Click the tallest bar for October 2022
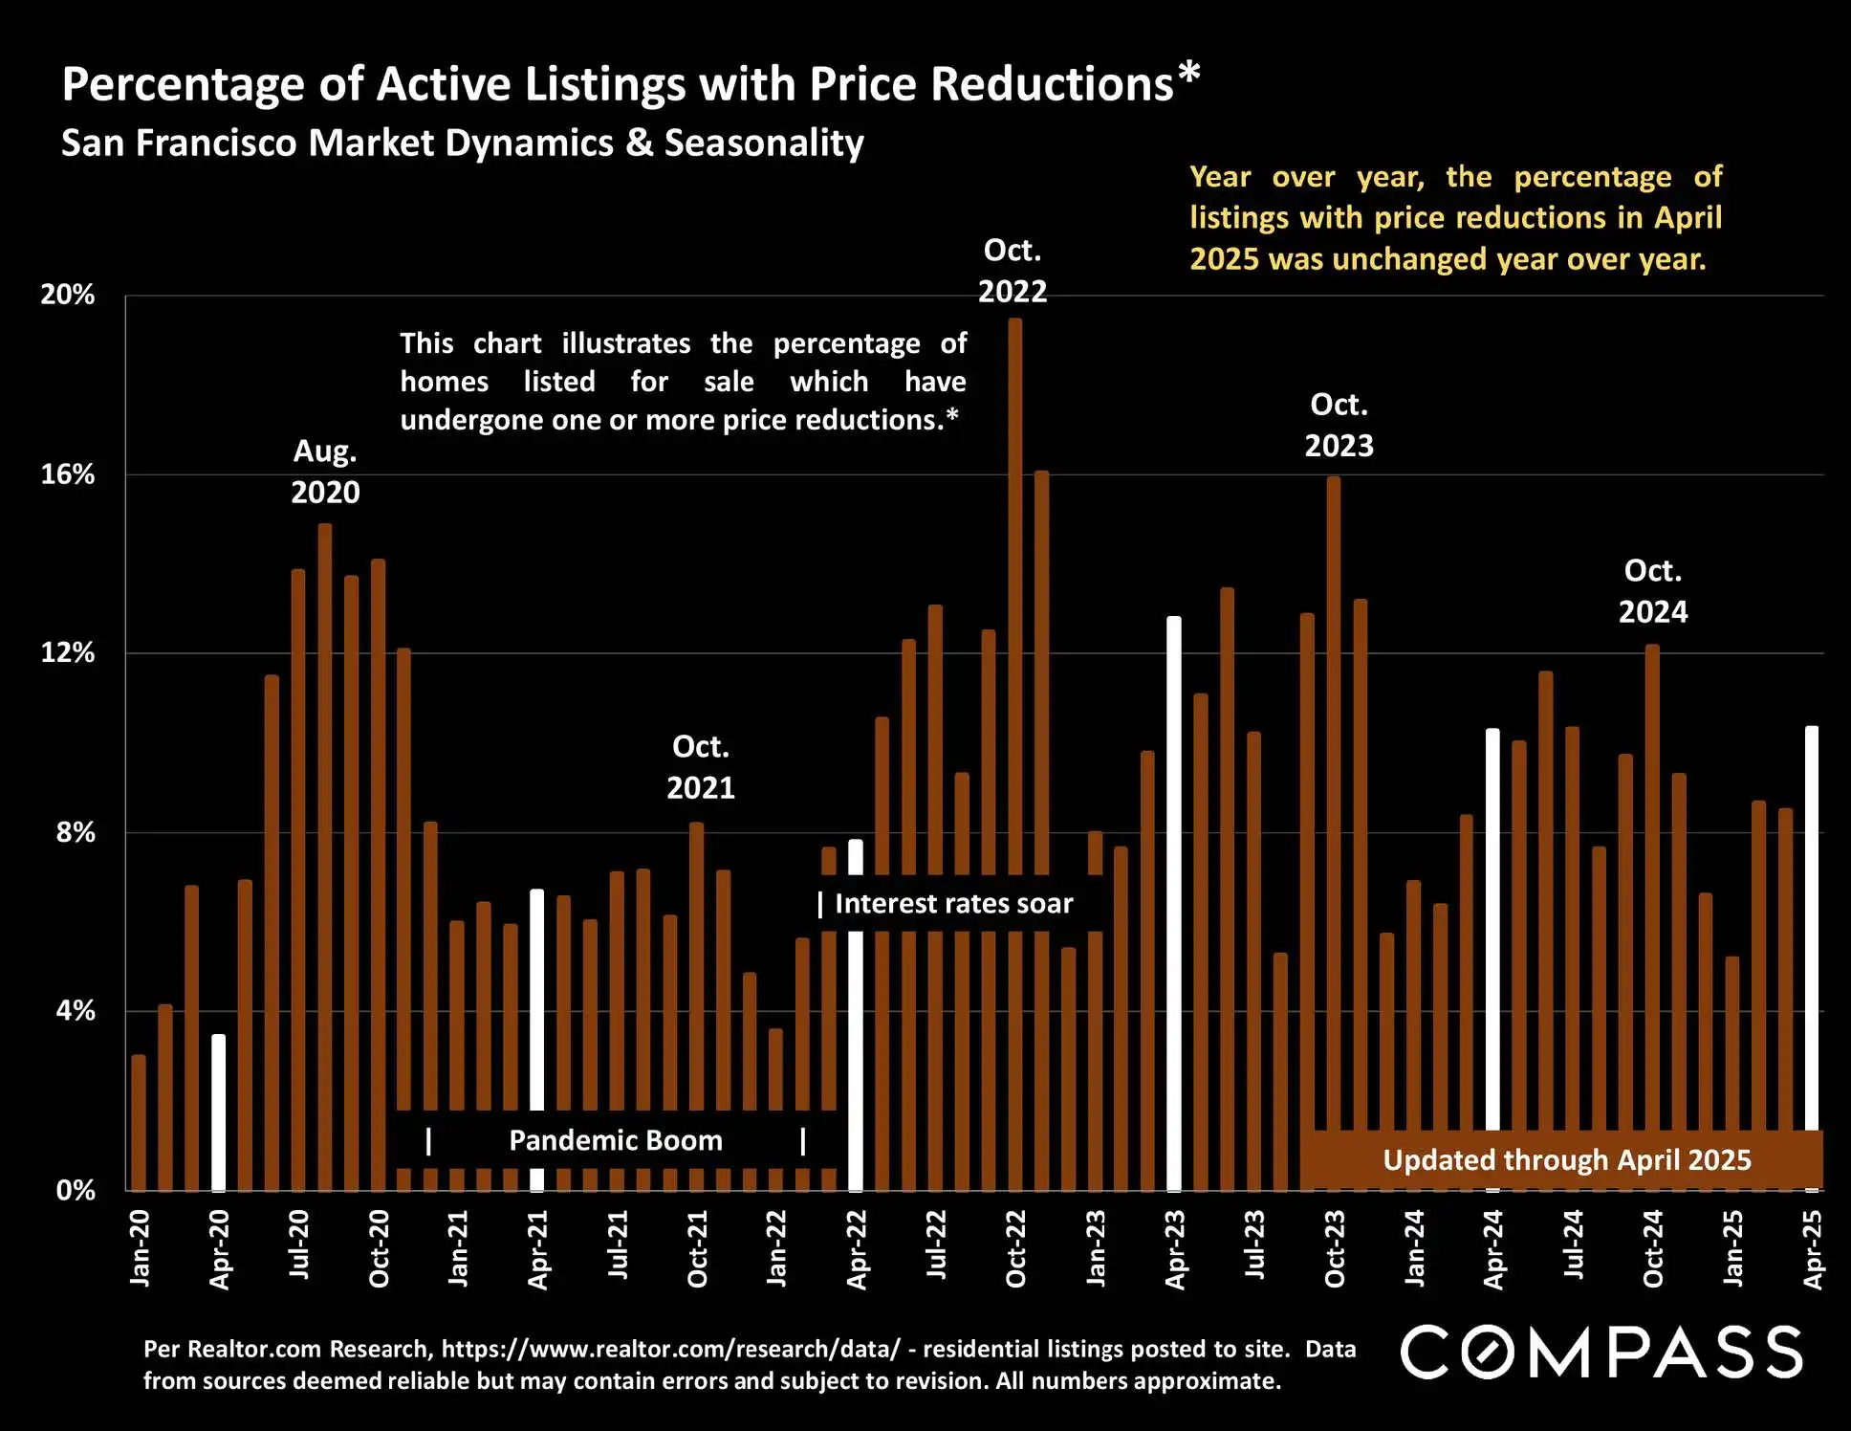1015,593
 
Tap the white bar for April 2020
219,1110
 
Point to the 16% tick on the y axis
68,474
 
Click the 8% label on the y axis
76,832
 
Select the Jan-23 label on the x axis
1096,1247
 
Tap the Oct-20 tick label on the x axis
380,1248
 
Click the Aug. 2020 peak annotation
325,472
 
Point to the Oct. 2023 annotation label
1339,425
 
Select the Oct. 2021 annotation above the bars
701,767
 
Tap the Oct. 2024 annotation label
1653,591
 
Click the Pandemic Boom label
616,1140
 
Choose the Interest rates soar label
953,903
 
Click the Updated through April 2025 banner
1567,1159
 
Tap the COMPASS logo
1601,1352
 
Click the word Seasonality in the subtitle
764,143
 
